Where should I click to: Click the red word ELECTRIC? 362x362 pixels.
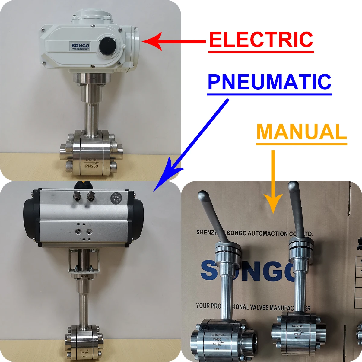tap(261, 40)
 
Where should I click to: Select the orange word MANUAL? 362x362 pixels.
tap(301, 132)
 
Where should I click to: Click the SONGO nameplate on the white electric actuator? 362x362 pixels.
tap(81, 46)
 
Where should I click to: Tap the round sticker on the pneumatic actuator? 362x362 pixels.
tap(116, 198)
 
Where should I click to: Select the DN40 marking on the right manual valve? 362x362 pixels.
tap(297, 330)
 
